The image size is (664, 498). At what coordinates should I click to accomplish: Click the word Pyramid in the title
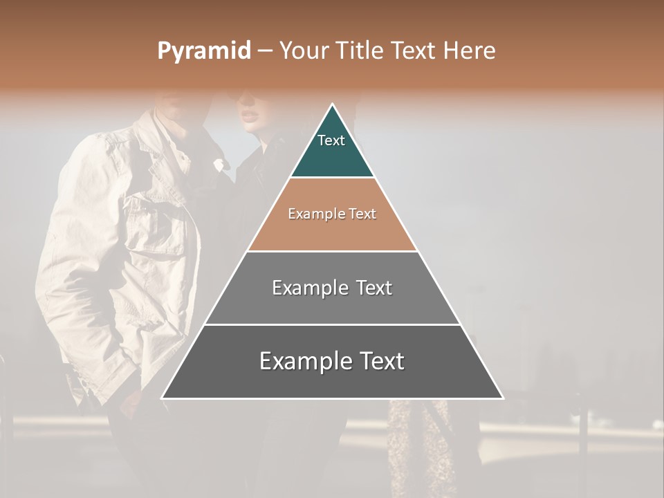click(204, 51)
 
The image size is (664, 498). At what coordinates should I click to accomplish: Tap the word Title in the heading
click(360, 51)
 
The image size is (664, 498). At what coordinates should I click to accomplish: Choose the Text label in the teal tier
click(331, 140)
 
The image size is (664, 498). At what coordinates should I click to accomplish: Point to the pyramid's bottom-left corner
click(162, 398)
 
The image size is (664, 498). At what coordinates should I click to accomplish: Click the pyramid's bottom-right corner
click(503, 398)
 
